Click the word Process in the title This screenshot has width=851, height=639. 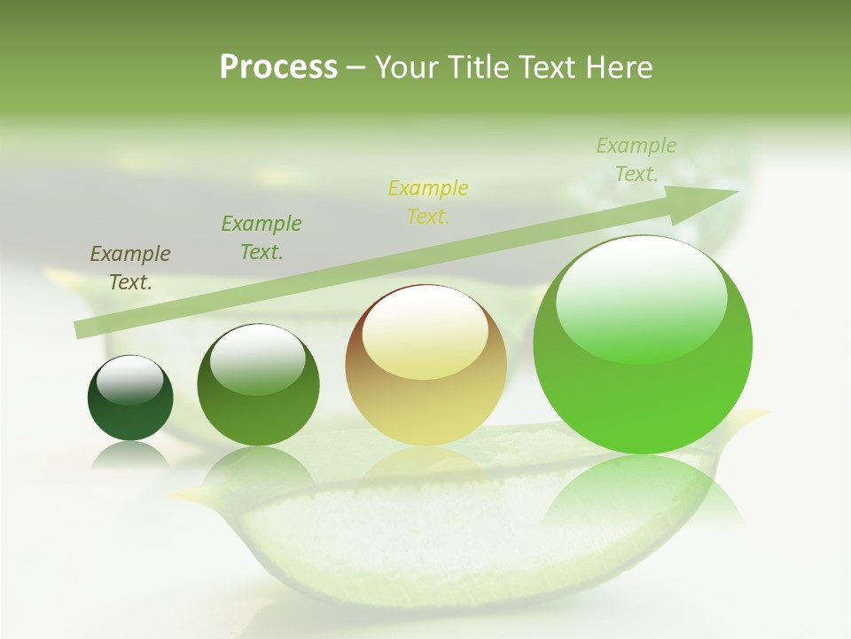(278, 67)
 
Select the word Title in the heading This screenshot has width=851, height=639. (480, 67)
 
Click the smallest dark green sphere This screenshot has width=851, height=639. (130, 398)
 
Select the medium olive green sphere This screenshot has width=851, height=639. (258, 385)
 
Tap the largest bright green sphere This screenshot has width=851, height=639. (643, 344)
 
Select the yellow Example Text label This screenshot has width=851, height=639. (428, 201)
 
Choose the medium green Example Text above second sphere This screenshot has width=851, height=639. (262, 237)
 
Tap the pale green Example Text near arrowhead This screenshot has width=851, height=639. (636, 160)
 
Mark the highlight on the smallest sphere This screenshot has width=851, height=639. (129, 380)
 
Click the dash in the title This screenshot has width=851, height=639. (356, 67)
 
